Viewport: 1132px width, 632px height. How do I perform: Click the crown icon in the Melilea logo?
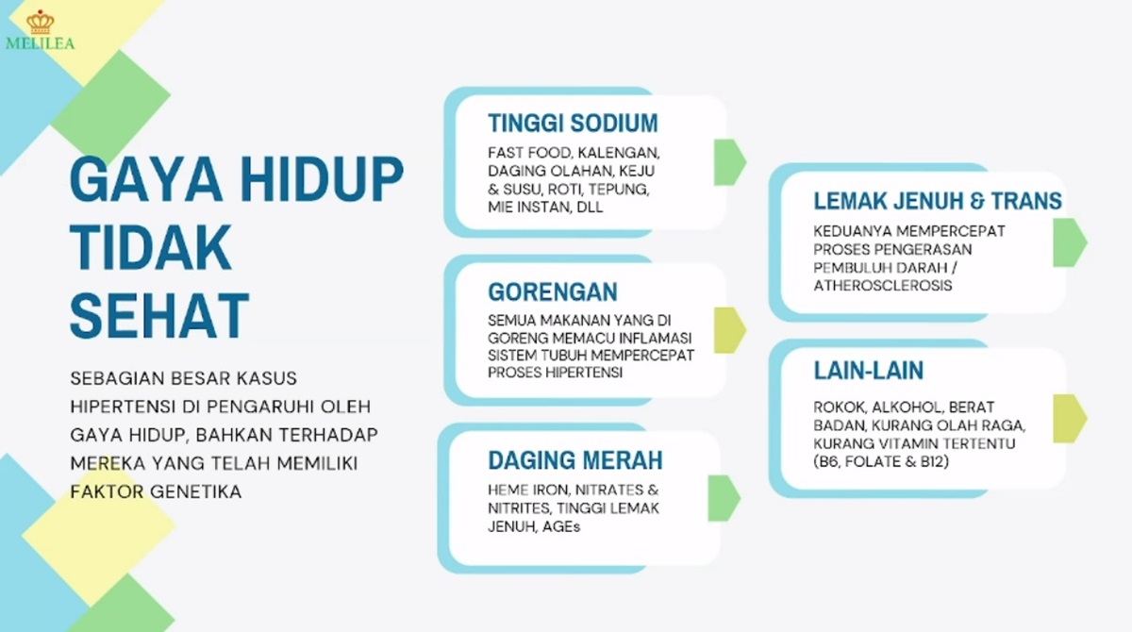41,22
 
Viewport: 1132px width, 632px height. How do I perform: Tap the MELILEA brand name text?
41,43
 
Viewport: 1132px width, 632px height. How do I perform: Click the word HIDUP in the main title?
322,179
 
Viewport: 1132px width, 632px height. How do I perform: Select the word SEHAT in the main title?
159,315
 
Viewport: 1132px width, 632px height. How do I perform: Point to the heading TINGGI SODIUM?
574,123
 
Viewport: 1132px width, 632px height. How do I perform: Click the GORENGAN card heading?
553,291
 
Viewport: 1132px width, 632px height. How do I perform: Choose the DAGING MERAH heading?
575,460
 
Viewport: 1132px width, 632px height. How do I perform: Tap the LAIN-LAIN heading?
868,371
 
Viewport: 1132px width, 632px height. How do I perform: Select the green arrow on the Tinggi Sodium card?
730,161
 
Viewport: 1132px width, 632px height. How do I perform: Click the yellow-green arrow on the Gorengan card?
730,330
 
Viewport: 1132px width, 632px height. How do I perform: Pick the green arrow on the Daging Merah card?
724,498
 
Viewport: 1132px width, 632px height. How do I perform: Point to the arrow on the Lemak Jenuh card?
1070,242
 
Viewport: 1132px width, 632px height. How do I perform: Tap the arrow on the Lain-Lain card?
1070,419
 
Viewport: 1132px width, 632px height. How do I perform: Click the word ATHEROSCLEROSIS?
882,286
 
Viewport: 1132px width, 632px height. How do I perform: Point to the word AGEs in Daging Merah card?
561,526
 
